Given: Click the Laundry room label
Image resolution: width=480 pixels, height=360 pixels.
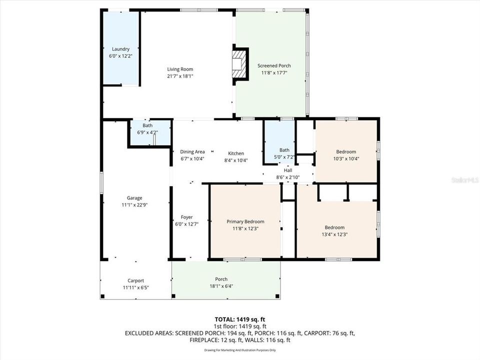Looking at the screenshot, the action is [120, 49].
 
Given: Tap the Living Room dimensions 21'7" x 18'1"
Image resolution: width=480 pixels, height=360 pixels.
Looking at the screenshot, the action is [180, 76].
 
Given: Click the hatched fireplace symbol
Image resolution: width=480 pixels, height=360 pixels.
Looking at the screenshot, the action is [238, 64].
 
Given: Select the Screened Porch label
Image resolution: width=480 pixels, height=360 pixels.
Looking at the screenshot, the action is [274, 65].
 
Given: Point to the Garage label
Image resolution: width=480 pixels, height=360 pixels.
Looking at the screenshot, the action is [134, 198].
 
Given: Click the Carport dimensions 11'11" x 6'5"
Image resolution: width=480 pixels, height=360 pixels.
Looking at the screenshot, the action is [135, 288].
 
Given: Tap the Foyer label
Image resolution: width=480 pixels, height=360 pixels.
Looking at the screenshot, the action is [186, 217].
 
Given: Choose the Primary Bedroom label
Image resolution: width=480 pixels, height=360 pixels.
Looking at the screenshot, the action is [245, 221].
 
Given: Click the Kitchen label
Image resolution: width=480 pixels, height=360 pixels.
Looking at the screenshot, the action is [236, 153].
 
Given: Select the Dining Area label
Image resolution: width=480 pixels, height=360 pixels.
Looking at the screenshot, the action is [192, 152].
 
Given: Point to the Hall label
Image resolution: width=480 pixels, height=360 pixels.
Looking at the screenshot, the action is [288, 170].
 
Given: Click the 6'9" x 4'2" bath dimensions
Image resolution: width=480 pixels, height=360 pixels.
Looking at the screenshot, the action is [147, 132].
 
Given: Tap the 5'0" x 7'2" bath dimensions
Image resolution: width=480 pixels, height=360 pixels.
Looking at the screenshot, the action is [284, 157].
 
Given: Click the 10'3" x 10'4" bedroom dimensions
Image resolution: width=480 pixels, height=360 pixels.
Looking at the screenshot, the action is [346, 159].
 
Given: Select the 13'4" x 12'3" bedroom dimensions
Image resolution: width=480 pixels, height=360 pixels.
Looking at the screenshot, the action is [334, 235].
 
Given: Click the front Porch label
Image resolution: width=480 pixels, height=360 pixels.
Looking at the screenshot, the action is [221, 279].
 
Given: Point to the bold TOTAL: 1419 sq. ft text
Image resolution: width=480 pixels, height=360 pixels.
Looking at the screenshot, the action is [240, 320].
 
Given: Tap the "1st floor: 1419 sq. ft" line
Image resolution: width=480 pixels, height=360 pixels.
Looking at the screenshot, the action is [240, 326].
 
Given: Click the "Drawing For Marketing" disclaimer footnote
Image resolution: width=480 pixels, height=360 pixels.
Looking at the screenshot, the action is [240, 350].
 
